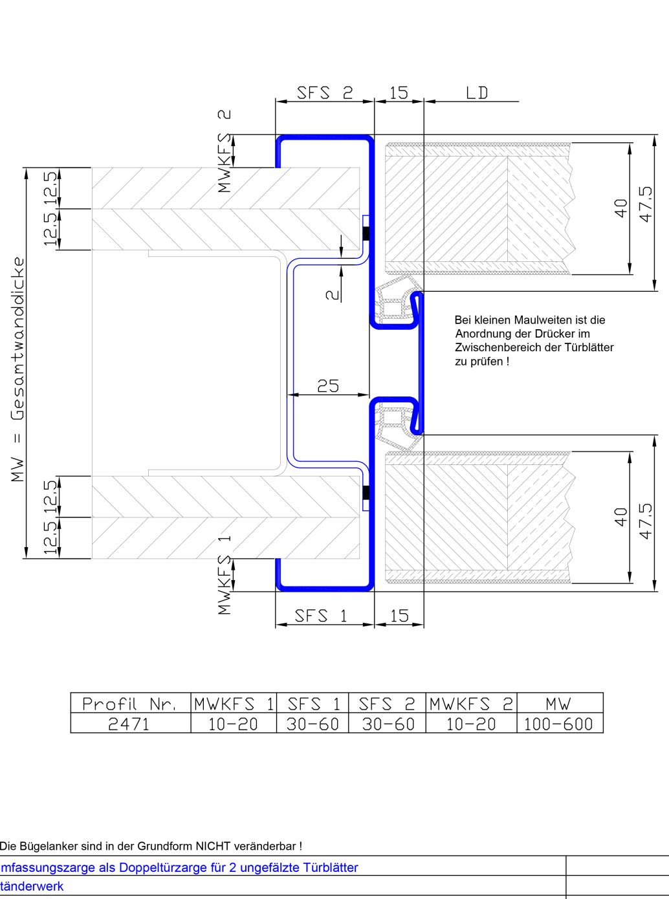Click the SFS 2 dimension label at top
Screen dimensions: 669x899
coord(325,93)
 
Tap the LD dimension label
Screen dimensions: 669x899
coord(477,93)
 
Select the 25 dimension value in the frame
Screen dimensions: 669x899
coord(328,386)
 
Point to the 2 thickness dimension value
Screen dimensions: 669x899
coord(333,295)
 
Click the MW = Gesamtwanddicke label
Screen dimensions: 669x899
coord(18,369)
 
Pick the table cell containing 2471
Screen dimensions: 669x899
coord(129,724)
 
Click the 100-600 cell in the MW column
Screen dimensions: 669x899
coord(558,724)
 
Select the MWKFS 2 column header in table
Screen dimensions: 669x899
coord(471,704)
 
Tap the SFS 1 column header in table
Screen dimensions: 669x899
coord(313,704)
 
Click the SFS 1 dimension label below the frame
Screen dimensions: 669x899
coord(321,616)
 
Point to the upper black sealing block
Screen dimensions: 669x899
coord(366,233)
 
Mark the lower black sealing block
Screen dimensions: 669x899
coord(366,492)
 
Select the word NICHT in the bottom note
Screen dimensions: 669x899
coord(211,847)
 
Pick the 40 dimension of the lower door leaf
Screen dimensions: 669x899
coord(622,517)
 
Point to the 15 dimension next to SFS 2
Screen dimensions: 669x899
coord(399,93)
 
